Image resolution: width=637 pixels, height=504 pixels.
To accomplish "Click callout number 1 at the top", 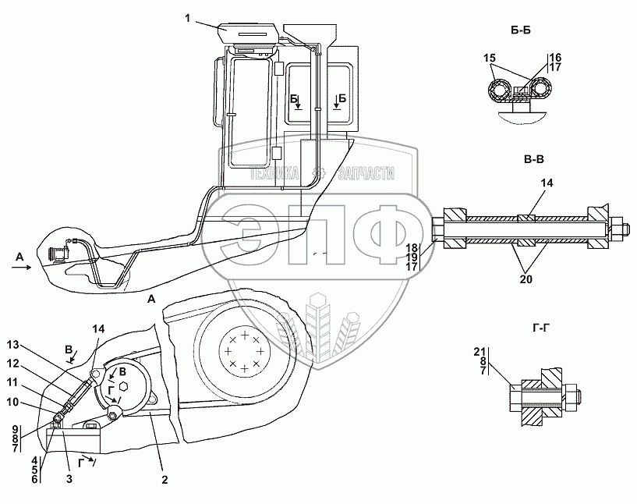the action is tap(187, 18).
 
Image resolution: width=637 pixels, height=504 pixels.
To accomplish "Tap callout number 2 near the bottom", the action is tap(165, 480).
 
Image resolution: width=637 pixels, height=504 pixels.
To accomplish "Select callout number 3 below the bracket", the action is tap(69, 479).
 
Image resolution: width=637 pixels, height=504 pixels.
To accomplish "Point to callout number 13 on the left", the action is tap(13, 345).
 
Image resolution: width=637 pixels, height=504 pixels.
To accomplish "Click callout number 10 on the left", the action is tap(13, 402).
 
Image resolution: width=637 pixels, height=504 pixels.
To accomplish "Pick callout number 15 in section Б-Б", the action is tap(490, 58).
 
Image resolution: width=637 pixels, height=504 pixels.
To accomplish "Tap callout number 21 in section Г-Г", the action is tap(479, 352).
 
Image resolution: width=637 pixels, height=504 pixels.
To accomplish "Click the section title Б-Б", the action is tap(521, 30).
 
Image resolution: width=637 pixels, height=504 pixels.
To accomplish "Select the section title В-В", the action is tap(534, 160).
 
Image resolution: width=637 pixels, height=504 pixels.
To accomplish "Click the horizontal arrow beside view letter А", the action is tap(21, 267).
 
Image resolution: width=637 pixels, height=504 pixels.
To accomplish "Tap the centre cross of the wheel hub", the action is tap(244, 350).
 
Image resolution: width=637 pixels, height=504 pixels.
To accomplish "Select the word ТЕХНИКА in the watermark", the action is tap(274, 174).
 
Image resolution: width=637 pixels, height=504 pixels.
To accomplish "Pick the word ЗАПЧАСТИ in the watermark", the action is tap(366, 174).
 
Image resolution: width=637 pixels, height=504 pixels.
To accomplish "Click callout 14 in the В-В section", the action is tap(547, 183).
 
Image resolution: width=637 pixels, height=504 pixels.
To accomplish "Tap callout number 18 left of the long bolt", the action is tap(412, 248).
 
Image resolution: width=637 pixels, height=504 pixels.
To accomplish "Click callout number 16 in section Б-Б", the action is tap(555, 58).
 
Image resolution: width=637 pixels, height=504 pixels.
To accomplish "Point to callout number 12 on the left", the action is tap(13, 364).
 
